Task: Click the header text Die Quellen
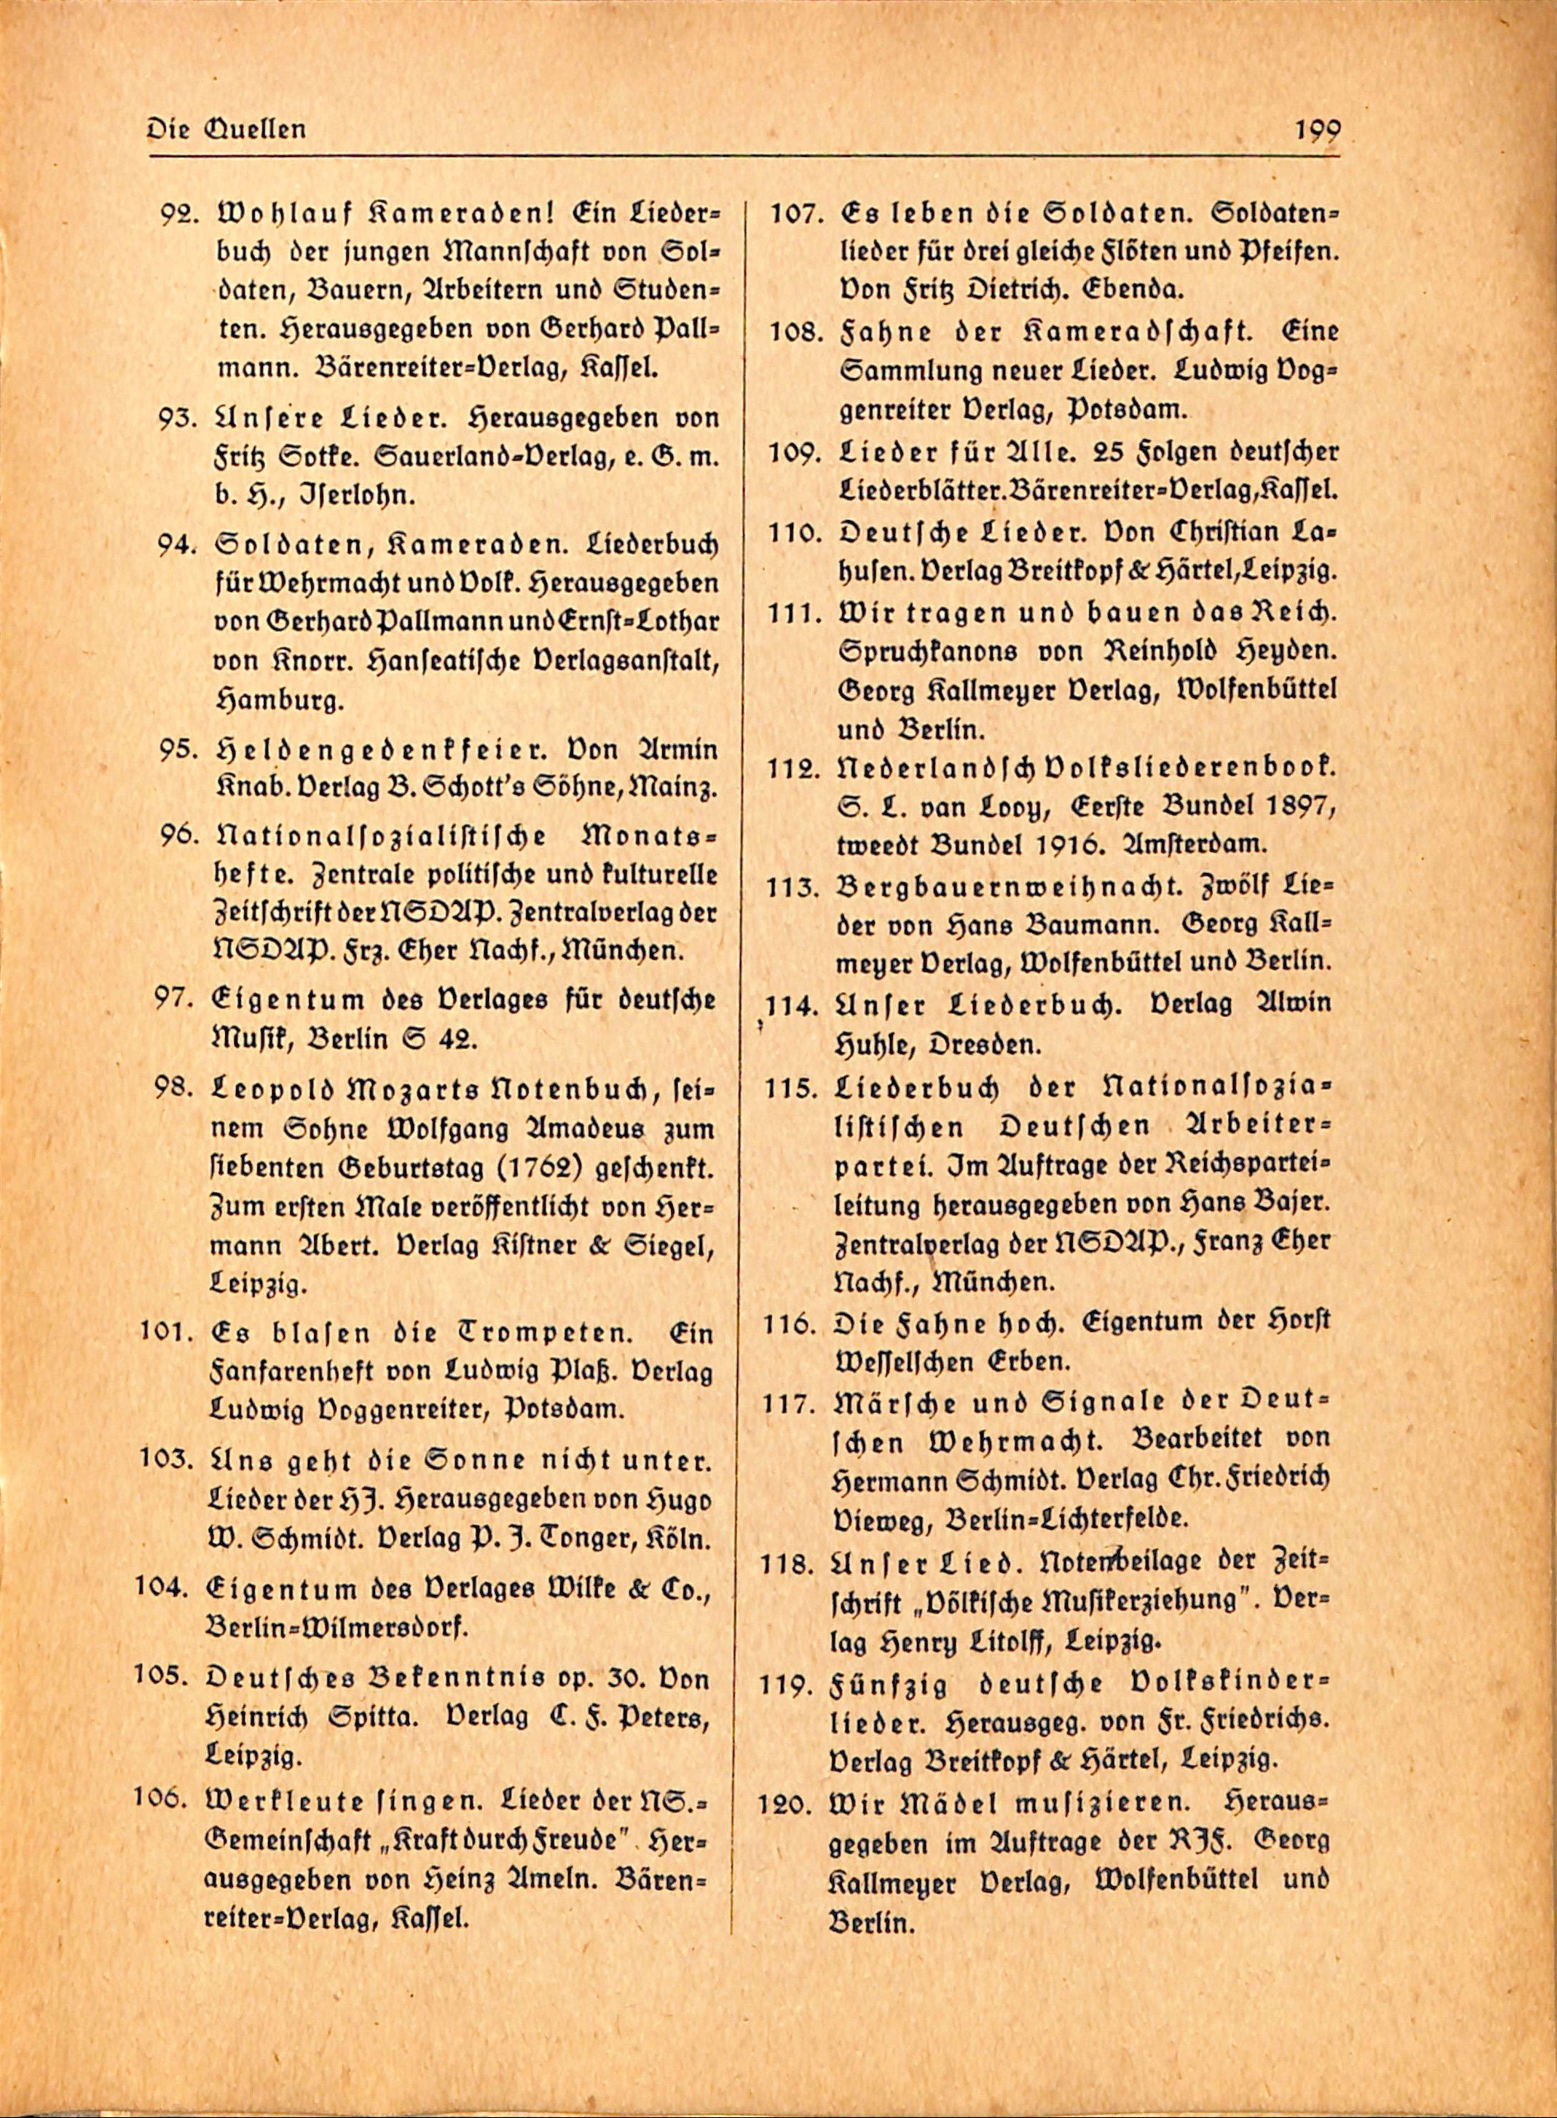click(226, 128)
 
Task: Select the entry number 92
click(177, 213)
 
